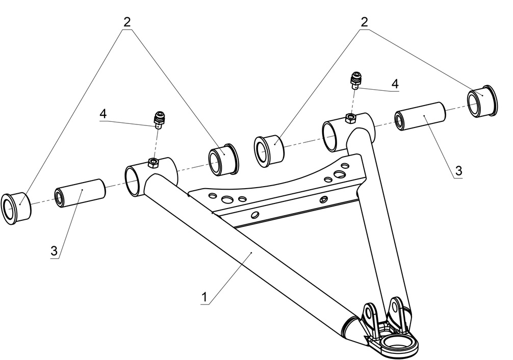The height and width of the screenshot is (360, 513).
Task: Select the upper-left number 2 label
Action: (126, 22)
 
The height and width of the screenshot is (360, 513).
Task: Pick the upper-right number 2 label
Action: (364, 22)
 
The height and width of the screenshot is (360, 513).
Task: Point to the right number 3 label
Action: (458, 170)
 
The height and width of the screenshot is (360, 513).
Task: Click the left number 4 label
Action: (103, 113)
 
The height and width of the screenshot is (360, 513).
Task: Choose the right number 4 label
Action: (395, 83)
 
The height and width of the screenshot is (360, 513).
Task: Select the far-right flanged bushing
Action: (480, 100)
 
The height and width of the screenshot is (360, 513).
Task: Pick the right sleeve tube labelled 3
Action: (420, 117)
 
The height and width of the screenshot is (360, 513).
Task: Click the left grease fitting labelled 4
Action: (160, 120)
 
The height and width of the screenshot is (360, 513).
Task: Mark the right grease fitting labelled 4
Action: (356, 80)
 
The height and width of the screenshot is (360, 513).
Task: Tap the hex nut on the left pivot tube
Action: (153, 162)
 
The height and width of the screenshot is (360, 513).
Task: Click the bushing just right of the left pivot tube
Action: (223, 159)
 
